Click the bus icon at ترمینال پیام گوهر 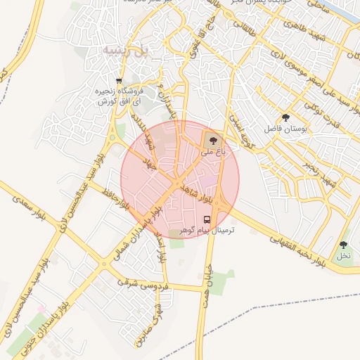(x=207, y=219)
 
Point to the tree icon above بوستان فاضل (x=285, y=117)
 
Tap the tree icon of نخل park (x=343, y=245)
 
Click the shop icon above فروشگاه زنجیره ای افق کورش (x=119, y=81)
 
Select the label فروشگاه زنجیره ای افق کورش (x=117, y=97)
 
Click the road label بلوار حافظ (x=117, y=199)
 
